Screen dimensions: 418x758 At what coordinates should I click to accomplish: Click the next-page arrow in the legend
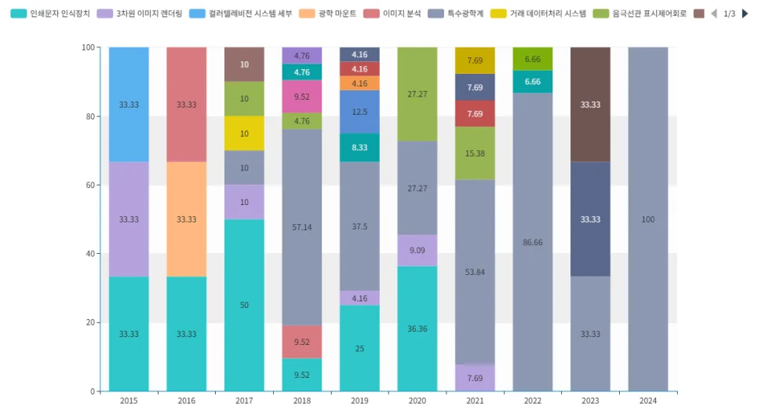coord(745,13)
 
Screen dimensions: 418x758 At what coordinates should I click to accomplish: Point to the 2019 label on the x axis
coord(359,401)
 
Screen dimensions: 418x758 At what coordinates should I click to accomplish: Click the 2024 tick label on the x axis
coord(647,401)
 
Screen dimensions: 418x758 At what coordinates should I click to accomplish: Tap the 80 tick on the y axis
coord(88,116)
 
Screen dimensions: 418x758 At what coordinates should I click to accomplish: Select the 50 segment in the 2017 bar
coord(244,305)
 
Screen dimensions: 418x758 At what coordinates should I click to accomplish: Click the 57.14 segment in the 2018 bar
coord(302,227)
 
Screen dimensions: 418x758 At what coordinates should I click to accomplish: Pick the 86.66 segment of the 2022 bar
coord(532,242)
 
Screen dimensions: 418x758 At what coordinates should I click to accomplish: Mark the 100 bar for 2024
coord(647,219)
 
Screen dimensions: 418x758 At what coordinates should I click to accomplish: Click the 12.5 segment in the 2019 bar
coord(359,112)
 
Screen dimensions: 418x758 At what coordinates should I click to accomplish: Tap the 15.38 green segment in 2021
coord(475,153)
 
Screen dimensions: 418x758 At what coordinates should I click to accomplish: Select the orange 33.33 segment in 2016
coord(186,219)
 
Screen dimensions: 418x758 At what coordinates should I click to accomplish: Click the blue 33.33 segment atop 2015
coord(129,104)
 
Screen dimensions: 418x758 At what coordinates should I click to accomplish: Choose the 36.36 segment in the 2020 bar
coord(417,328)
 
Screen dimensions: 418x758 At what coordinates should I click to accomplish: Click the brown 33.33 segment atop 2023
coord(590,104)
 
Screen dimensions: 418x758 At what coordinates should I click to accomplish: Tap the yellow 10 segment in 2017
coord(244,134)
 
